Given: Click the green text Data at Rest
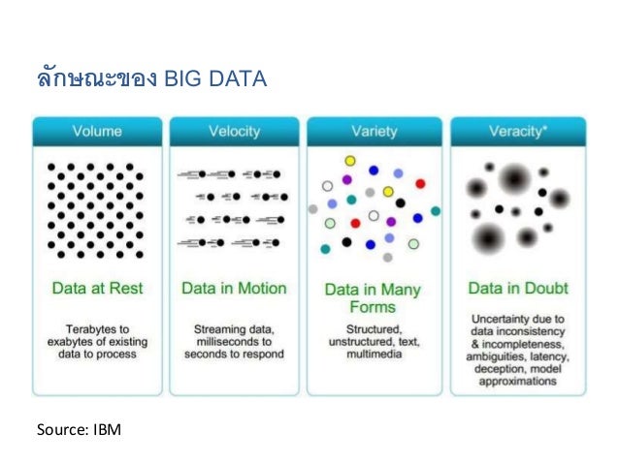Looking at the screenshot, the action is point(95,288).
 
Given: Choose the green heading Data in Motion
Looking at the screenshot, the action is point(234,288).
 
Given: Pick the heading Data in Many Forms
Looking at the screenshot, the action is point(372,297).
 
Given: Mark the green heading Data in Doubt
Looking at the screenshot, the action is point(518,288).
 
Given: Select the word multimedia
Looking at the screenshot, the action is point(372,355).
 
